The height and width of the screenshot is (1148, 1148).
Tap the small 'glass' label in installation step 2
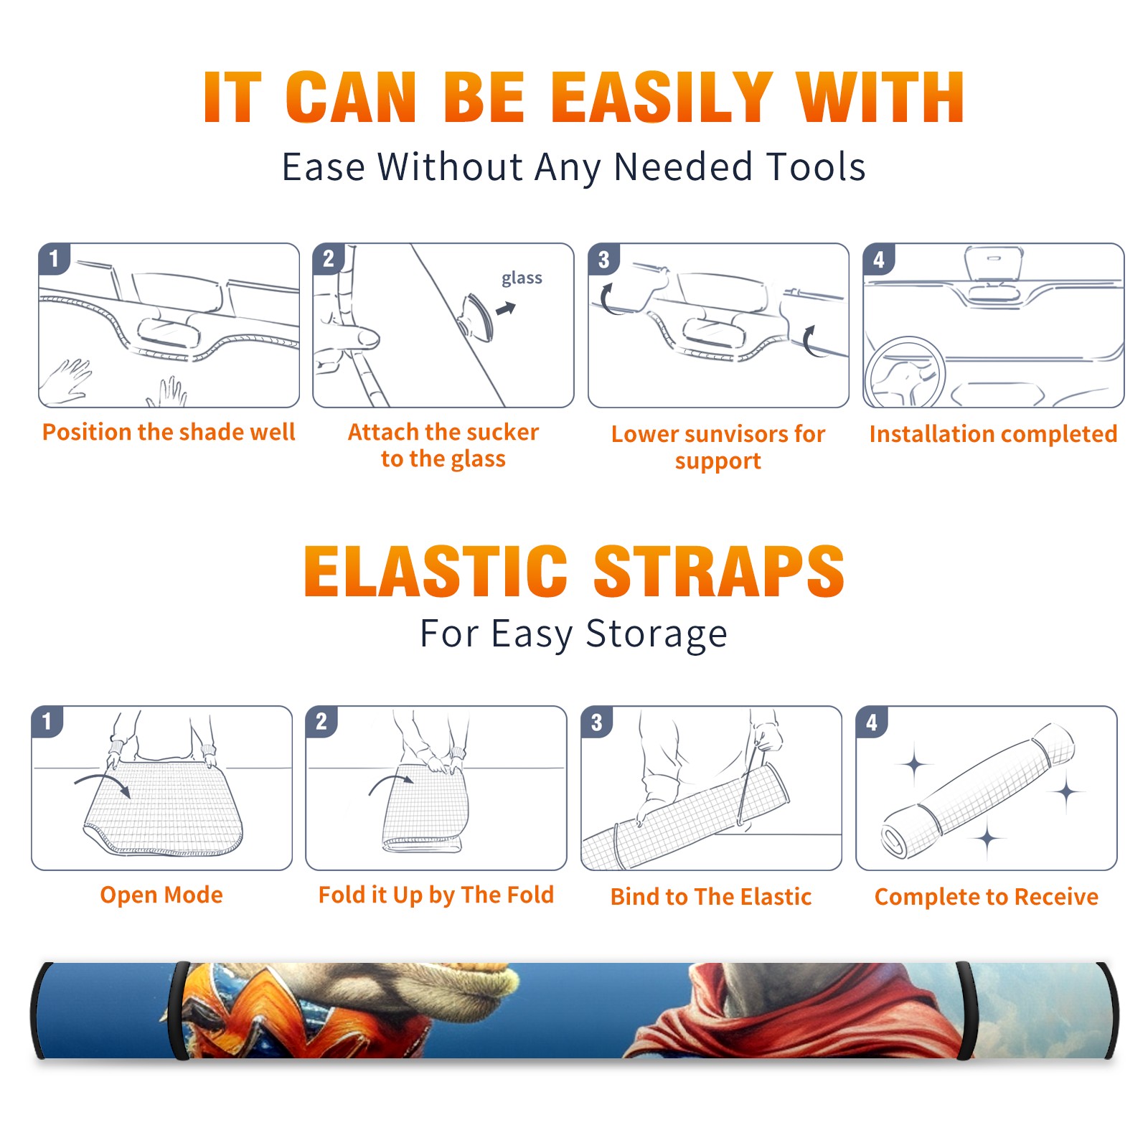(x=522, y=278)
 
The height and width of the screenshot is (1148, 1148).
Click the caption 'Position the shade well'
(x=169, y=432)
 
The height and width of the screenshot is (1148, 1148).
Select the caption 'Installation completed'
(x=993, y=433)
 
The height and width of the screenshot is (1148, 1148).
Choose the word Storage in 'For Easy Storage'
(x=657, y=634)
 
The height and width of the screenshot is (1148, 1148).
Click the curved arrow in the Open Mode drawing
(x=103, y=782)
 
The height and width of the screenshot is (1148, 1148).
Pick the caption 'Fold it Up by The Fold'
(x=436, y=895)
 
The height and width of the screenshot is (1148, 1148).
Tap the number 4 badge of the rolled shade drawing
(x=872, y=722)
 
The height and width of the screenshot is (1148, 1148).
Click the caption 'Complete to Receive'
(x=987, y=897)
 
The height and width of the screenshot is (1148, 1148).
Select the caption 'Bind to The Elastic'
(x=711, y=897)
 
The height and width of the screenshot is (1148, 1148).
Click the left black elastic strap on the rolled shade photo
(x=179, y=1011)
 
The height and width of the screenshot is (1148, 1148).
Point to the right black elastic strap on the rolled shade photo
(x=966, y=1011)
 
